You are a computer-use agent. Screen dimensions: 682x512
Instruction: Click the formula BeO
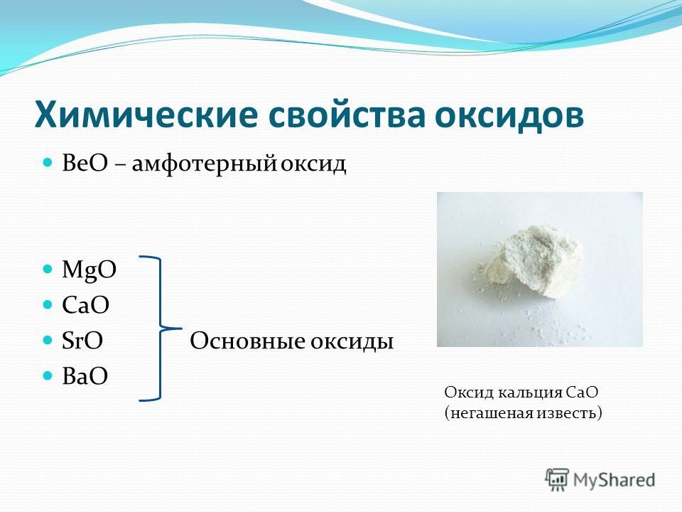click(85, 164)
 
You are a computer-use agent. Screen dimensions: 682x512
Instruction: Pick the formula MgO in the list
click(90, 271)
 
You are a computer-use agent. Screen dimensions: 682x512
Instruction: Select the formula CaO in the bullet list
click(86, 305)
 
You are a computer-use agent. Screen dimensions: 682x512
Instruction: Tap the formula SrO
click(82, 341)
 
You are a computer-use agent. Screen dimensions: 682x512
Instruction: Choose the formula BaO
click(85, 376)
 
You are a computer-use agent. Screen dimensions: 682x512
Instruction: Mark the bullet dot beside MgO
click(48, 269)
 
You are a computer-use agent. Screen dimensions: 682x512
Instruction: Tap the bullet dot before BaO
click(48, 375)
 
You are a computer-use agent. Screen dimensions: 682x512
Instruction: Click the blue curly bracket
click(159, 329)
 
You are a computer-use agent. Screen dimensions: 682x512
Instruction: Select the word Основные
click(247, 341)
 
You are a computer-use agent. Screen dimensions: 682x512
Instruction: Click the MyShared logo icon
click(557, 479)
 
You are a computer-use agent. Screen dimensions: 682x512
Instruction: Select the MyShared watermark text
click(614, 480)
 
